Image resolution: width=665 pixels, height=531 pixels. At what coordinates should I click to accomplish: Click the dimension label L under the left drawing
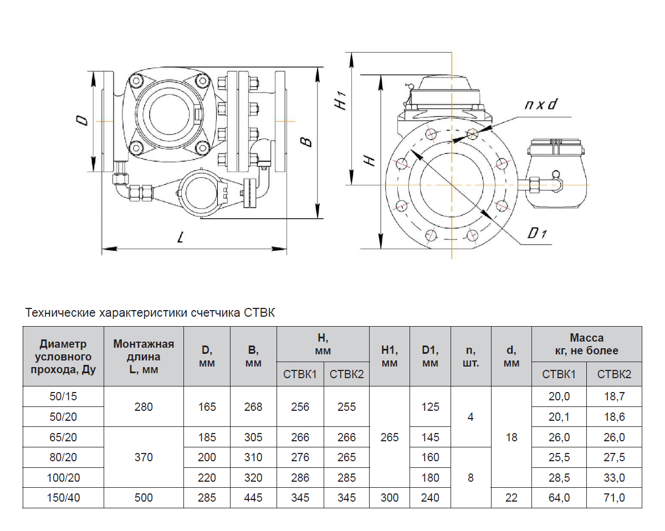[x=180, y=238]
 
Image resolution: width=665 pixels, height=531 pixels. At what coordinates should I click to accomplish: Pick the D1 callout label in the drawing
[x=537, y=234]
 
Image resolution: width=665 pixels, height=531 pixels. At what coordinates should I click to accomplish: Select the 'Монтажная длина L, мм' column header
[x=144, y=357]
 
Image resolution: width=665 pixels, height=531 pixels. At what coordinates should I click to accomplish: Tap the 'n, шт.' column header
[x=470, y=357]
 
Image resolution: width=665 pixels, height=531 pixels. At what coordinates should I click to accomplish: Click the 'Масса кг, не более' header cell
[x=586, y=344]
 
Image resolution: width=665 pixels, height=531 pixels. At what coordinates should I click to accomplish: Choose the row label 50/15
[x=63, y=396]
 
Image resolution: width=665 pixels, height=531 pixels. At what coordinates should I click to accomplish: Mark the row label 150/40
[x=63, y=498]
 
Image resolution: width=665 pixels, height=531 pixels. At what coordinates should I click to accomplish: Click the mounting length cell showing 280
[x=144, y=407]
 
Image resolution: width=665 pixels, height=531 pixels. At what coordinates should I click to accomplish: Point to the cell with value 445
[x=253, y=498]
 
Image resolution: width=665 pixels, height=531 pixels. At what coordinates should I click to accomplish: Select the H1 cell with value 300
[x=390, y=498]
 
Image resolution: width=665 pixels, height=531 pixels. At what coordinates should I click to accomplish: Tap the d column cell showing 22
[x=511, y=498]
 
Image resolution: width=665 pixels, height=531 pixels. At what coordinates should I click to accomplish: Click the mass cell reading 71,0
[x=614, y=498]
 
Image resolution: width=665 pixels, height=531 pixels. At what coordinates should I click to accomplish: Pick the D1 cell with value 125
[x=430, y=407]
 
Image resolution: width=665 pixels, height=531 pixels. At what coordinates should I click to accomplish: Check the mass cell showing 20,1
[x=559, y=417]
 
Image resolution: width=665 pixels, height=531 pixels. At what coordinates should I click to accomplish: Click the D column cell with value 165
[x=207, y=407]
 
